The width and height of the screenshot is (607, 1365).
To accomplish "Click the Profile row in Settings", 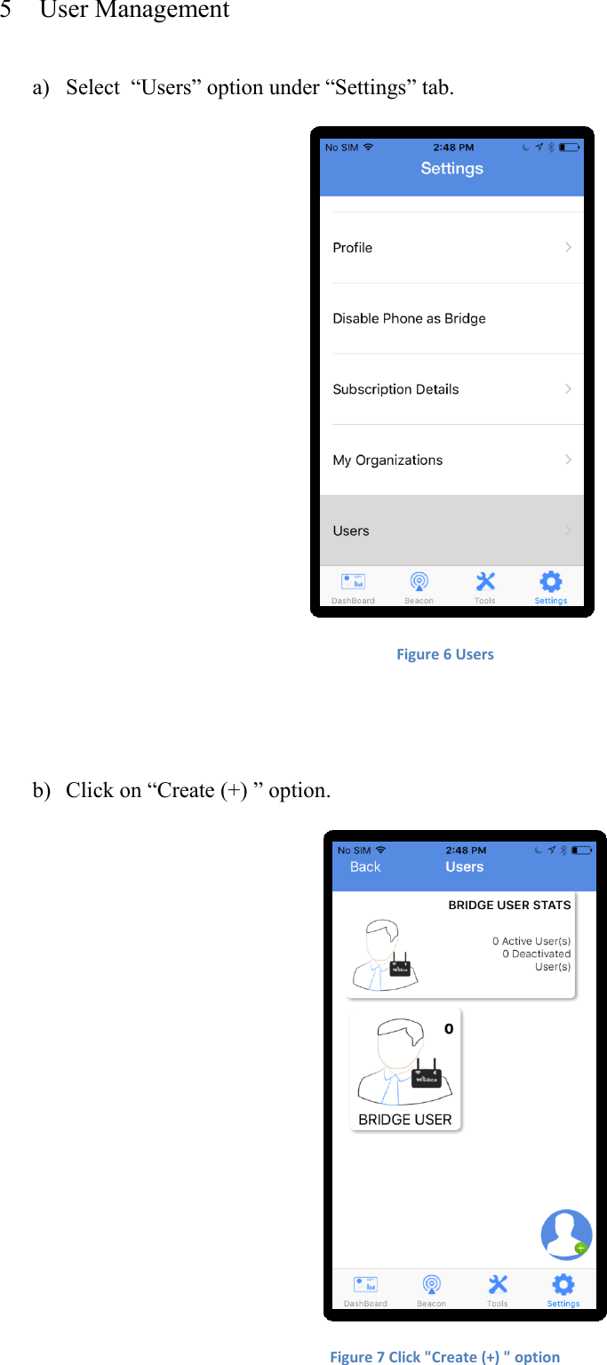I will point(353,248).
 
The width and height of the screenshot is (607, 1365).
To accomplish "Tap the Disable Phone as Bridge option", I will point(409,318).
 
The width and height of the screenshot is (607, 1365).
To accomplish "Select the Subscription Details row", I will point(395,389).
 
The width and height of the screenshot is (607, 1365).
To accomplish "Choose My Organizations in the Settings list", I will point(387,460).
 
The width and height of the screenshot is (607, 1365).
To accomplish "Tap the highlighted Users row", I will point(351,531).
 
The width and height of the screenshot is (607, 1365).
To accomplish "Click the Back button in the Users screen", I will point(365,867).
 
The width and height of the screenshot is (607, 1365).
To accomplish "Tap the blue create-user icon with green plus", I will point(566,1234).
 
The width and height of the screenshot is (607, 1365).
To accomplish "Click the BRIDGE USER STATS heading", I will point(509,906).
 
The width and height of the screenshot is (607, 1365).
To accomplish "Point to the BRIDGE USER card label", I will point(405,1120).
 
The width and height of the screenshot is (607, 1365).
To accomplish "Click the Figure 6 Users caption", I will point(444,655).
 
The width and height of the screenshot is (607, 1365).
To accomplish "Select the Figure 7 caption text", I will point(444,1357).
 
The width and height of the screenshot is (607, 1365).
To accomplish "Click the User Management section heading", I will point(134,11).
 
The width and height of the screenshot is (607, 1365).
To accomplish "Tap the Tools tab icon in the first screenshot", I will point(485,582).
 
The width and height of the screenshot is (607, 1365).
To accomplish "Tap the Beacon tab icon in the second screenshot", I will point(432,1285).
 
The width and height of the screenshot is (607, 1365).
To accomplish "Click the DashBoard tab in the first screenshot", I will point(353,587).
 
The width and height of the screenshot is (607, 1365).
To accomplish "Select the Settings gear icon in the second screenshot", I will point(563,1285).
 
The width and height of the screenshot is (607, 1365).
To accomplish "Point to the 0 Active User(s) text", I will point(531,941).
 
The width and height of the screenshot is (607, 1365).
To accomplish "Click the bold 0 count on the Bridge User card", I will point(449,1029).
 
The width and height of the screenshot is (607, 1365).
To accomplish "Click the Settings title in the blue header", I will point(451,169).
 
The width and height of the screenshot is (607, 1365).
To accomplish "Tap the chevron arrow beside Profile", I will point(569,247).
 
